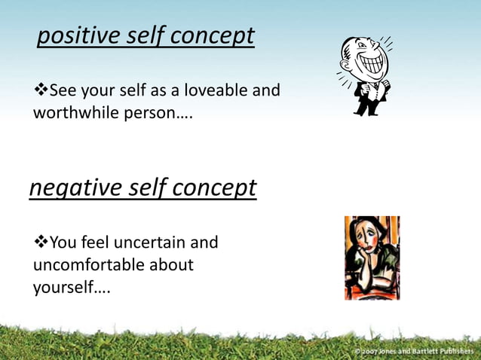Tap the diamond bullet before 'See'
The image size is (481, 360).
coord(41,91)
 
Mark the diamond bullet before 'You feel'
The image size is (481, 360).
coord(41,243)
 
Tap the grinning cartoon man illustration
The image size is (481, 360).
coord(365,75)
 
